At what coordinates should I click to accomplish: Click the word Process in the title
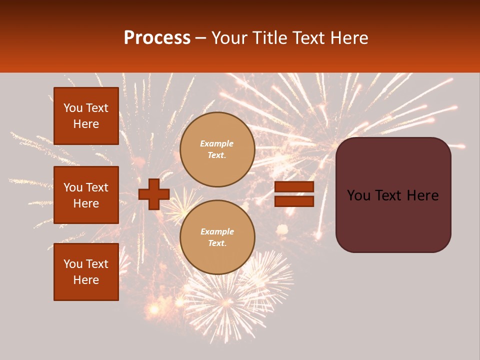click(157, 38)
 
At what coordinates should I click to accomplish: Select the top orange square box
click(86, 116)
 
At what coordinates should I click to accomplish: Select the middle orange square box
click(86, 195)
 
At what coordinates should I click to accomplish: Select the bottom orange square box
click(86, 272)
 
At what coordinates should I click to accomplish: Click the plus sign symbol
click(154, 194)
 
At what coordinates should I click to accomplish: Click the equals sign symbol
click(294, 194)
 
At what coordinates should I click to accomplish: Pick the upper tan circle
click(217, 149)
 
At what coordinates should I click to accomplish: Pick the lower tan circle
click(217, 237)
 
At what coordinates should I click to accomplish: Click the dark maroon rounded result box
click(393, 195)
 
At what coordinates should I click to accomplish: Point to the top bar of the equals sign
click(294, 187)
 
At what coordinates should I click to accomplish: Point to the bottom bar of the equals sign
click(294, 201)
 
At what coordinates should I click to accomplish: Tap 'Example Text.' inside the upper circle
click(217, 149)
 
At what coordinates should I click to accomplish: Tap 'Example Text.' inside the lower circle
click(217, 237)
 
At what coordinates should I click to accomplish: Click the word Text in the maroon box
click(392, 195)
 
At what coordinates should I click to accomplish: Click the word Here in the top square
click(86, 124)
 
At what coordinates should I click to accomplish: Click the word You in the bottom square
click(73, 264)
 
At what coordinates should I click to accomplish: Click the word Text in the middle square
click(96, 187)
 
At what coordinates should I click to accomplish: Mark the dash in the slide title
click(201, 38)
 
